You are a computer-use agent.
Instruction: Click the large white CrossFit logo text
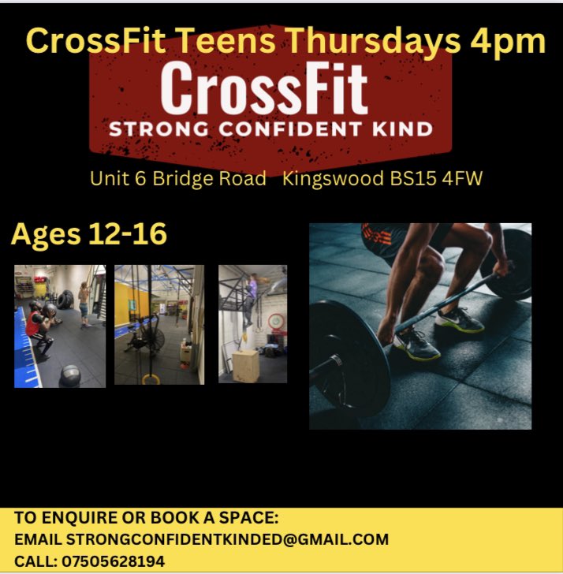tap(265, 91)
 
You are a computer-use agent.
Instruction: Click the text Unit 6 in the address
tap(117, 179)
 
